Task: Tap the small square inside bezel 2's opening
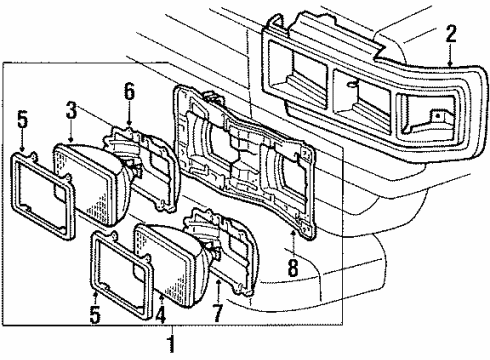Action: coord(436,117)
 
